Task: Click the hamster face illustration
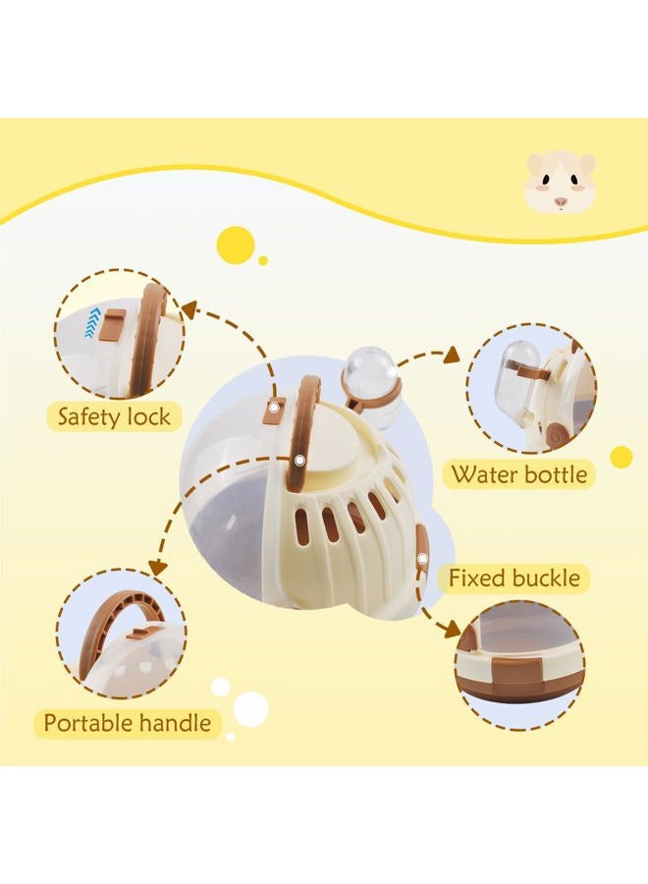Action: pyautogui.click(x=560, y=183)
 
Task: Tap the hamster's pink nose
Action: pyautogui.click(x=560, y=200)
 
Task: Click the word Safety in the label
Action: pyautogui.click(x=89, y=416)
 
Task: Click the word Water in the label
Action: pyautogui.click(x=484, y=474)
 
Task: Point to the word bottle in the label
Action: pyautogui.click(x=555, y=474)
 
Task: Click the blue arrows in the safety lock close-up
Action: pyautogui.click(x=90, y=321)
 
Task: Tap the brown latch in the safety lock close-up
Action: pyautogui.click(x=112, y=325)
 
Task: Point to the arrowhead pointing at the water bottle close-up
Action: pyautogui.click(x=452, y=355)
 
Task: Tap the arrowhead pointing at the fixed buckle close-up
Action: pyautogui.click(x=452, y=630)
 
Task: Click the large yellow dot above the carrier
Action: pyautogui.click(x=235, y=246)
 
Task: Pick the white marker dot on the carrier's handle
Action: pyautogui.click(x=299, y=462)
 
